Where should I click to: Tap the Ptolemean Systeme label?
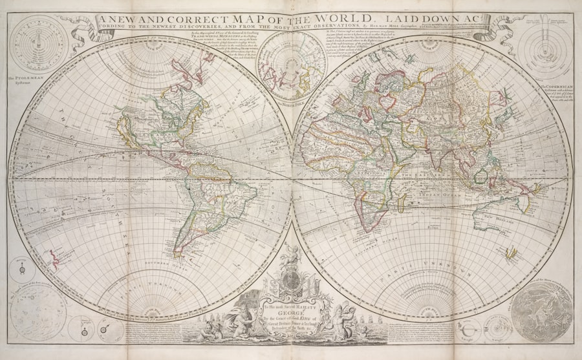click(25, 83)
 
